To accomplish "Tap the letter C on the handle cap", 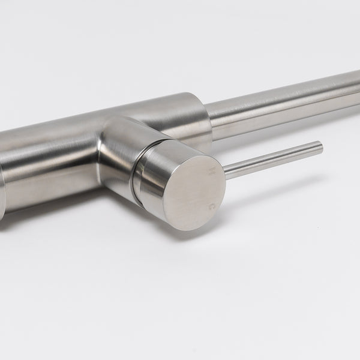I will tap(211, 205).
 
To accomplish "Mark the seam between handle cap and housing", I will tap(137, 175).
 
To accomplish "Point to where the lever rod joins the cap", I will tap(226, 171).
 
